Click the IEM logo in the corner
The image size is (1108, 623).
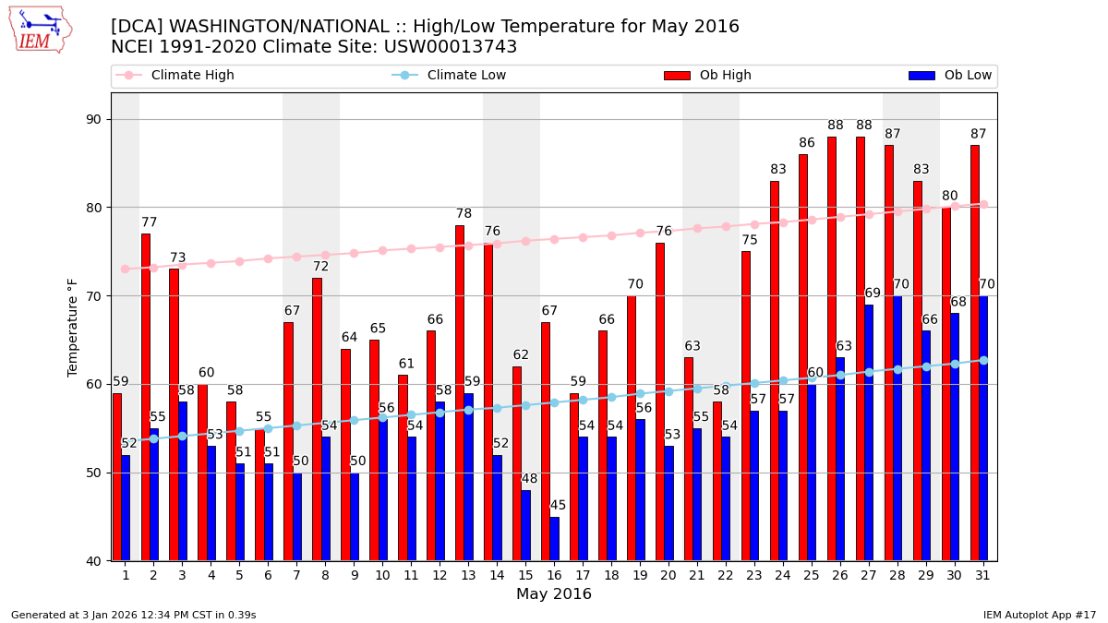[40, 30]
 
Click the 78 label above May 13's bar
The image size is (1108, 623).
[464, 214]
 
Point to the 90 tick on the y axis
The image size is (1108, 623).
[93, 119]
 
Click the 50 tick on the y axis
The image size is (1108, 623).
[93, 473]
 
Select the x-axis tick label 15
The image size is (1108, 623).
[525, 575]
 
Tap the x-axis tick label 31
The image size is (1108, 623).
[982, 575]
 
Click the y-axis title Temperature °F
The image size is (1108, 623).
[73, 327]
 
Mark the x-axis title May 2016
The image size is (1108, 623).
[553, 594]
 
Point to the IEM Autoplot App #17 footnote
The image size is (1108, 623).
[1039, 615]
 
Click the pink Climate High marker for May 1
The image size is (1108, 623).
[125, 269]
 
